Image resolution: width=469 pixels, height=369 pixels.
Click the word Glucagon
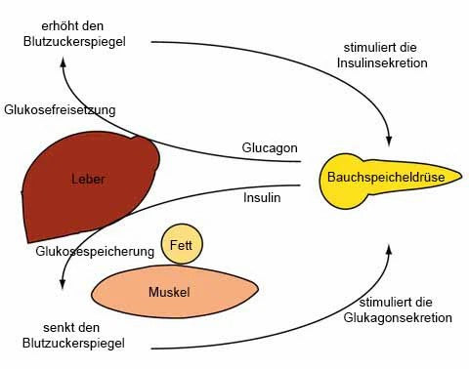point(270,148)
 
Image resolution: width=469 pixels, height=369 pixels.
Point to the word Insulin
point(262,197)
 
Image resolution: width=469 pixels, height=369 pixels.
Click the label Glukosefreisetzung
point(60,109)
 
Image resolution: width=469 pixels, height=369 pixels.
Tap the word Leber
point(88,179)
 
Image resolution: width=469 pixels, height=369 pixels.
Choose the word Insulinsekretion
point(380,62)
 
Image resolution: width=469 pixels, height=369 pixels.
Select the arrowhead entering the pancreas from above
point(389,142)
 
